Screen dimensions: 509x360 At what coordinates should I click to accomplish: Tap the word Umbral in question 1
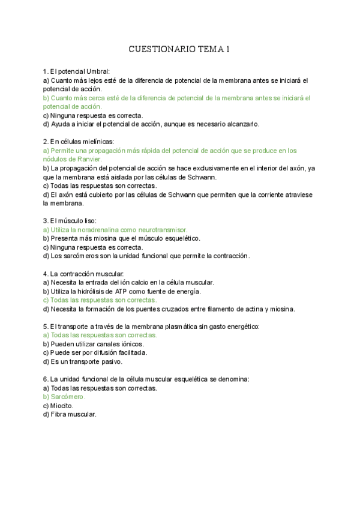pos(95,71)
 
